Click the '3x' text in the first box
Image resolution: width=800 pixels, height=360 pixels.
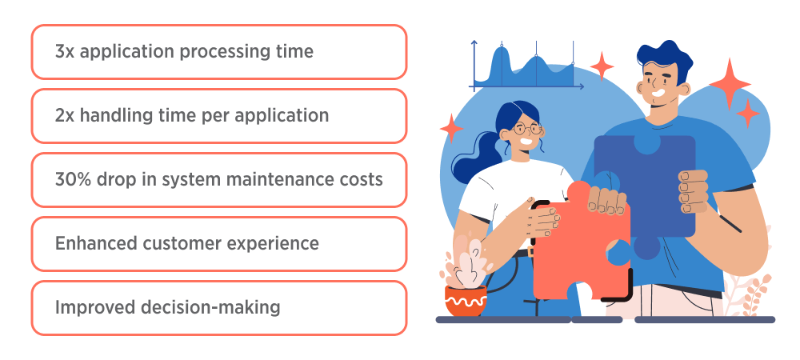pos(64,52)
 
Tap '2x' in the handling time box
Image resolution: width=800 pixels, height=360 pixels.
pos(65,116)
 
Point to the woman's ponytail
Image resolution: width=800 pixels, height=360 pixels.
pos(472,156)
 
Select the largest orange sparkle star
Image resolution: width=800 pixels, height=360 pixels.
pos(729,82)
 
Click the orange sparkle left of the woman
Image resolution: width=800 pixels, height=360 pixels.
pos(451,127)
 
